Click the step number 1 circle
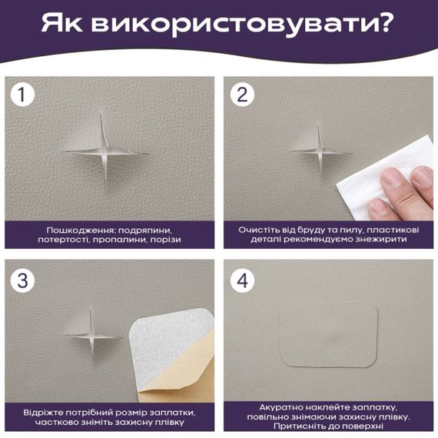[x=25, y=95]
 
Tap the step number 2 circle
[x=243, y=95]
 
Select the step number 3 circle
[x=25, y=280]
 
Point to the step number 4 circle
[x=243, y=280]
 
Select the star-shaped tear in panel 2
[x=317, y=149]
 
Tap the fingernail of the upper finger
[x=422, y=178]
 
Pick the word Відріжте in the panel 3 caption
[x=45, y=412]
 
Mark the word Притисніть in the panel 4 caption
[x=292, y=426]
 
